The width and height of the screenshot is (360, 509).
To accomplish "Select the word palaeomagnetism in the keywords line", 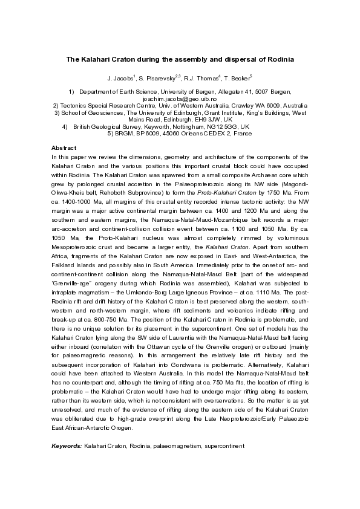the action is (x=166, y=462).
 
